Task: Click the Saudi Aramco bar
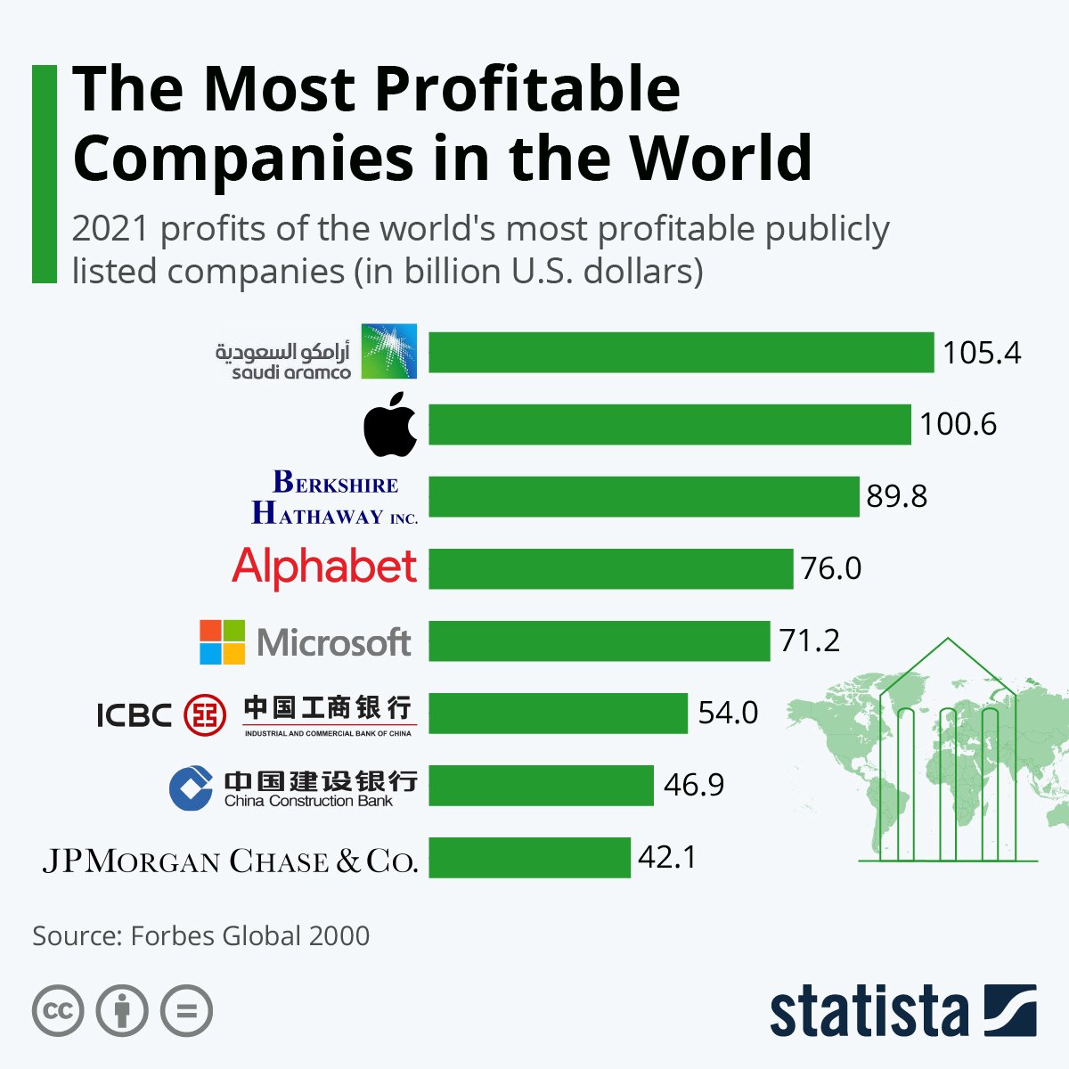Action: click(x=681, y=353)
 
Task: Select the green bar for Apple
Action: click(x=669, y=424)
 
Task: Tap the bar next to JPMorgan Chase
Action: click(x=529, y=857)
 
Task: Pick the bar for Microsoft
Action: click(x=599, y=641)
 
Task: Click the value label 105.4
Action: click(x=982, y=353)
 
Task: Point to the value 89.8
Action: click(x=896, y=496)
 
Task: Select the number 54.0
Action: click(x=728, y=713)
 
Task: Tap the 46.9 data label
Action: click(x=693, y=785)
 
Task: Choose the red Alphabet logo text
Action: click(x=324, y=567)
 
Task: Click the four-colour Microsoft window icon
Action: click(x=222, y=641)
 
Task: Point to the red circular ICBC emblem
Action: click(x=205, y=714)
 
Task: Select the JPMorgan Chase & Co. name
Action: click(x=230, y=861)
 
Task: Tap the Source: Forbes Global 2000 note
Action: click(x=200, y=935)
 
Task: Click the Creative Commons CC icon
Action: click(x=58, y=1011)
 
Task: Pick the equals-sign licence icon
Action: click(x=186, y=1011)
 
